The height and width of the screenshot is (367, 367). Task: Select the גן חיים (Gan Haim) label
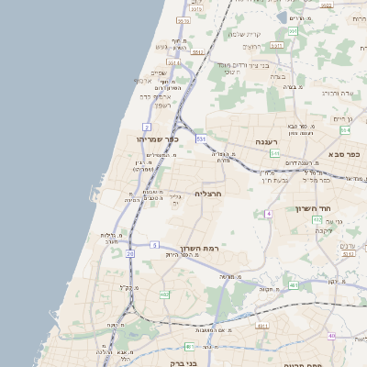(341, 118)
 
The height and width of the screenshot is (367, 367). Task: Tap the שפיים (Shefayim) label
(158, 72)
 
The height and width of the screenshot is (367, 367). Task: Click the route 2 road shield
(147, 126)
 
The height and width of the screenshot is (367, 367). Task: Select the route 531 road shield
(200, 139)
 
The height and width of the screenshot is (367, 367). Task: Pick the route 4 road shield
(269, 214)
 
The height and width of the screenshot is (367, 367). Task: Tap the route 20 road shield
(130, 252)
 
